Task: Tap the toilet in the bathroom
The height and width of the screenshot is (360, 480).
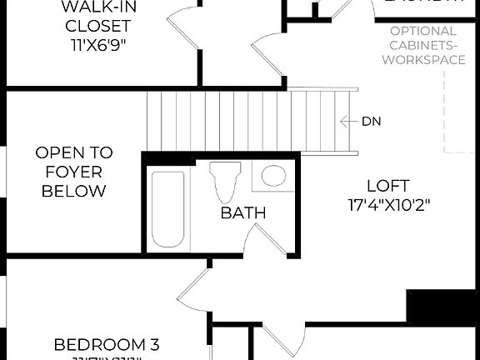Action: pyautogui.click(x=223, y=182)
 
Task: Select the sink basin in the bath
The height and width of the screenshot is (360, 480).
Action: pyautogui.click(x=272, y=175)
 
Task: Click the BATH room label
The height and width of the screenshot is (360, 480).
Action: pyautogui.click(x=243, y=213)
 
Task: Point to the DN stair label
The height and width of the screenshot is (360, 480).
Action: pyautogui.click(x=371, y=121)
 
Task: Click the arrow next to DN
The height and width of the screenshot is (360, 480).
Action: pyautogui.click(x=348, y=121)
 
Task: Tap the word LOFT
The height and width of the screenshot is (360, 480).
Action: pyautogui.click(x=387, y=185)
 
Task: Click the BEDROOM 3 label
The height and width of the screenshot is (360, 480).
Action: pyautogui.click(x=107, y=344)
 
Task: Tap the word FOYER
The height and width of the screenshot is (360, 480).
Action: pyautogui.click(x=73, y=172)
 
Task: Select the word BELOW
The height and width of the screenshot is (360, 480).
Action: pyautogui.click(x=73, y=191)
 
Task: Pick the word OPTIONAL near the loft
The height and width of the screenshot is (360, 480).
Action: pyautogui.click(x=422, y=32)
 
